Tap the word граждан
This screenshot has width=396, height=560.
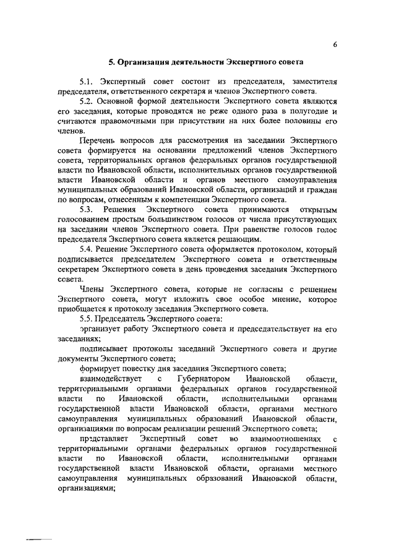320,192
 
